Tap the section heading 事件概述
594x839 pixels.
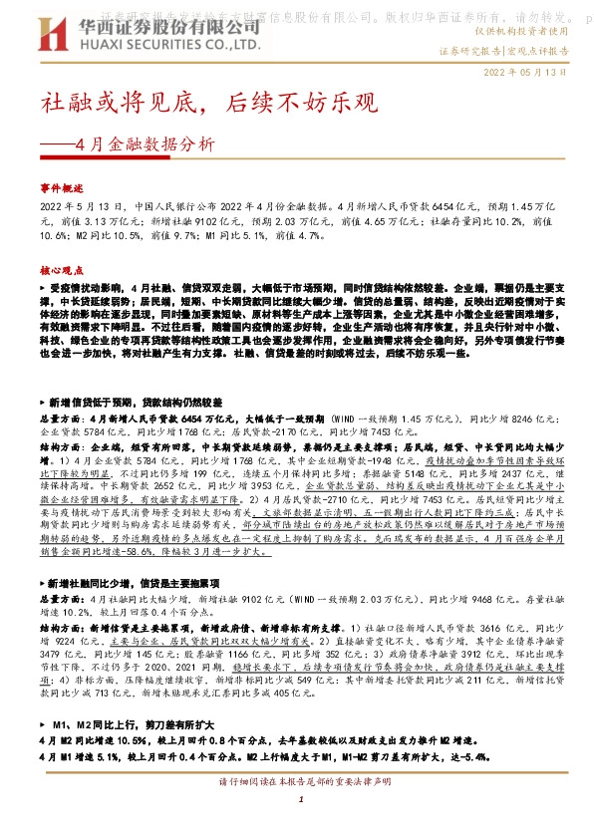click(63, 187)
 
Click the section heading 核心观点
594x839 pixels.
click(63, 268)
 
